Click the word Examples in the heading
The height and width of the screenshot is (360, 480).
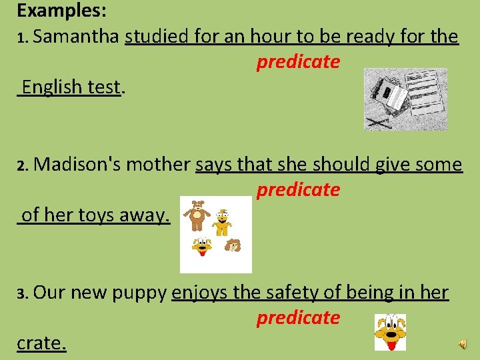click(x=58, y=11)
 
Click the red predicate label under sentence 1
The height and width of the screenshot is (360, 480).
click(x=298, y=62)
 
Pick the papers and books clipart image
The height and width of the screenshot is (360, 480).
click(x=405, y=99)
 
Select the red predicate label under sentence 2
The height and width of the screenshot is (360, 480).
click(x=298, y=190)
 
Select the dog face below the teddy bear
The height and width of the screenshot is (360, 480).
click(x=202, y=247)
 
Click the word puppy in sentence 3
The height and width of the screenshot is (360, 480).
click(x=140, y=292)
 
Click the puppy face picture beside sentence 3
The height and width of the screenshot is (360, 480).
click(x=390, y=331)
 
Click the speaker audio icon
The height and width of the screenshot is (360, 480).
click(x=462, y=343)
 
